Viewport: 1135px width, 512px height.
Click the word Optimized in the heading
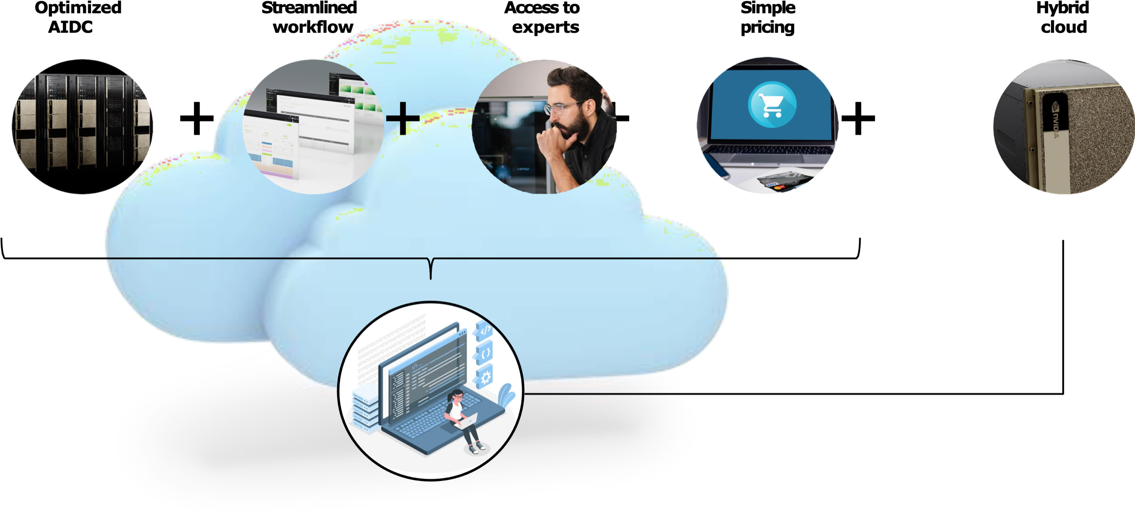coord(78,9)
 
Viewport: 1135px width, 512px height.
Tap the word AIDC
coord(70,27)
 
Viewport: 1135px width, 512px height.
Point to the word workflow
coord(313,27)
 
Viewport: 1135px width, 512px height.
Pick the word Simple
coord(768,9)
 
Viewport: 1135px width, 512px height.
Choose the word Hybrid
coord(1062,9)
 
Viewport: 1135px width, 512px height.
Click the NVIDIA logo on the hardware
coord(1056,119)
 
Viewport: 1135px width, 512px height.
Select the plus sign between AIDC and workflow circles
coord(196,118)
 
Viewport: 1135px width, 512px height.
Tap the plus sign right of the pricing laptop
coord(858,118)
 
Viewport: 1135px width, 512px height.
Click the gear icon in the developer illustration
coord(485,378)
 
